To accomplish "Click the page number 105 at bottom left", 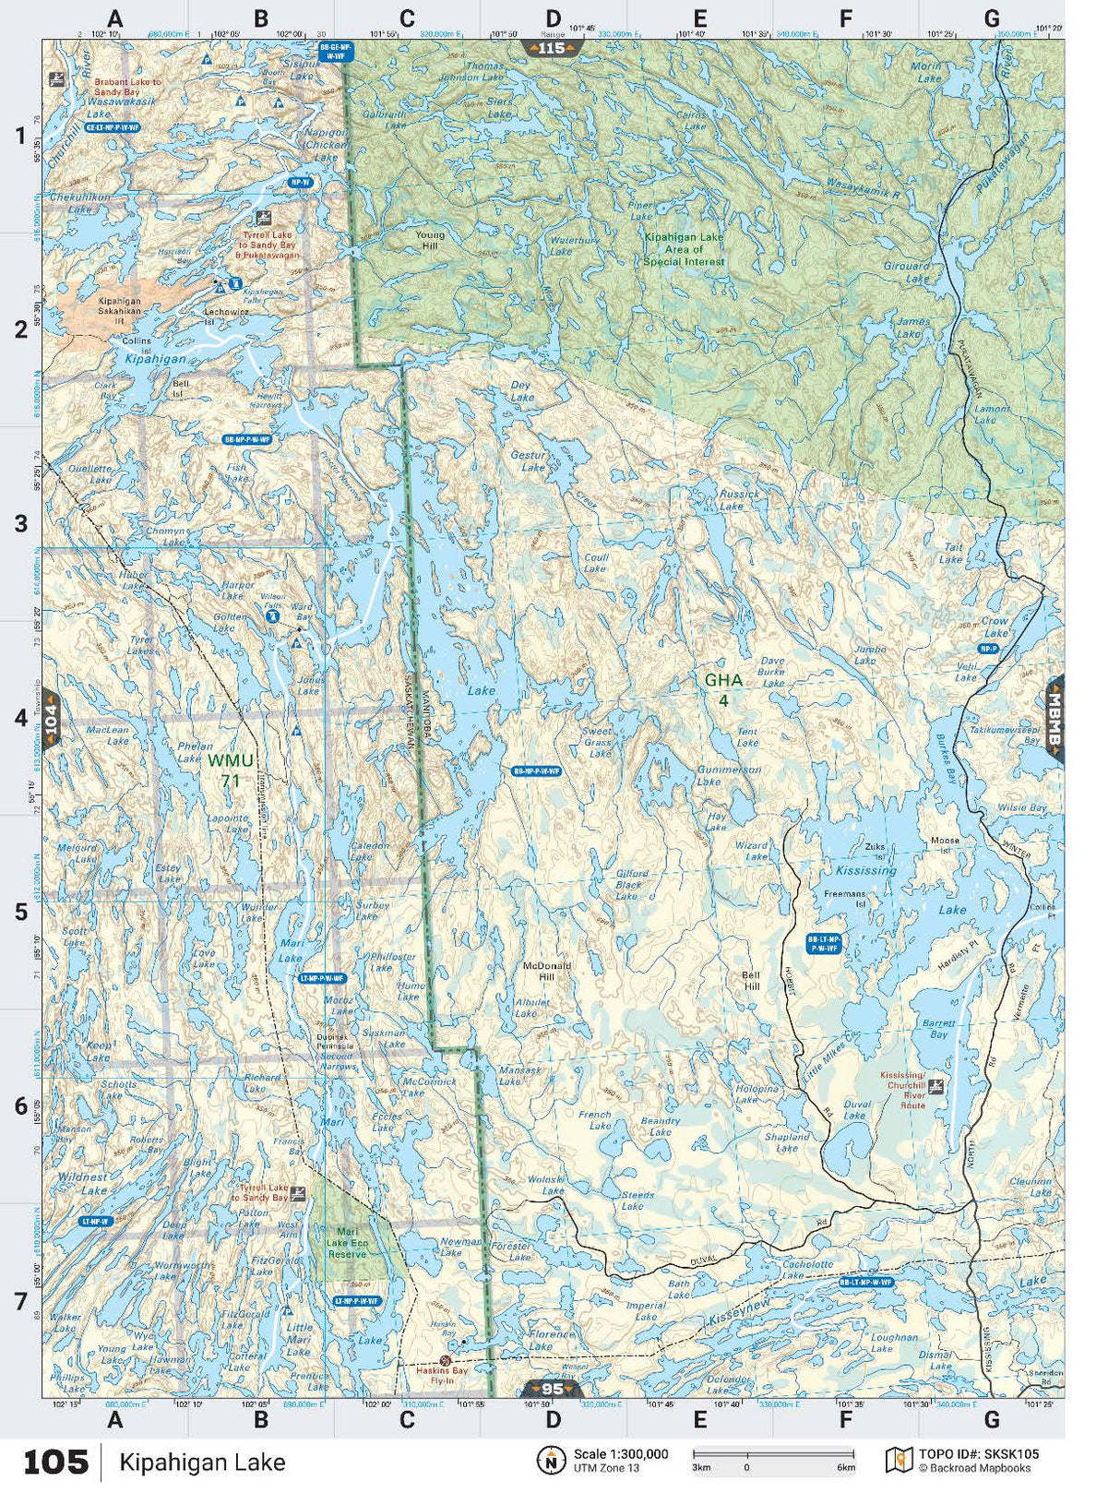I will (x=55, y=1462).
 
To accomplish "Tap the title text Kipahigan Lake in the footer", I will (x=202, y=1462).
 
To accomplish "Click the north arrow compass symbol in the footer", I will (x=551, y=1460).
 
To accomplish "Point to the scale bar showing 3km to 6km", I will (x=773, y=1458).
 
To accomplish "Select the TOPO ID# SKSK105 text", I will (x=978, y=1453).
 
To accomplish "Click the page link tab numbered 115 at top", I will (x=551, y=48).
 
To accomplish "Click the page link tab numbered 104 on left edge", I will (x=51, y=718).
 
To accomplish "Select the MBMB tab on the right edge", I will (x=1054, y=720).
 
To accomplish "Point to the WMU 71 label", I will (x=230, y=770).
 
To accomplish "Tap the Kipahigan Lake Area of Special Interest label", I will (x=684, y=249).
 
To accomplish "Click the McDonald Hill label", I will (x=547, y=971).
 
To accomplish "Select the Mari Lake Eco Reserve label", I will (x=347, y=1242).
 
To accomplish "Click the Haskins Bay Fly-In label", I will (x=441, y=1375).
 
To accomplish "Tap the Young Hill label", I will (x=430, y=240).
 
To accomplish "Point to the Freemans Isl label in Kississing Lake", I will (x=844, y=898).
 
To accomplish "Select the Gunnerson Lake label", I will (x=729, y=775).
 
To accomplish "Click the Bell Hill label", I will (x=752, y=980).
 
